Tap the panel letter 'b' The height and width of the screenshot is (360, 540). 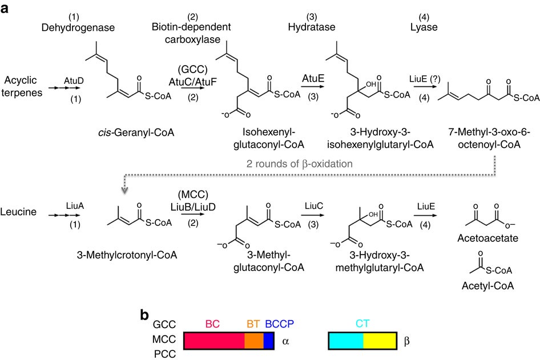click(146, 314)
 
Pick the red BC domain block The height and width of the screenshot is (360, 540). click(213, 341)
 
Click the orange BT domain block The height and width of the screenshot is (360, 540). click(254, 341)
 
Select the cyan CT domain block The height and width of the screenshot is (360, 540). click(346, 341)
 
